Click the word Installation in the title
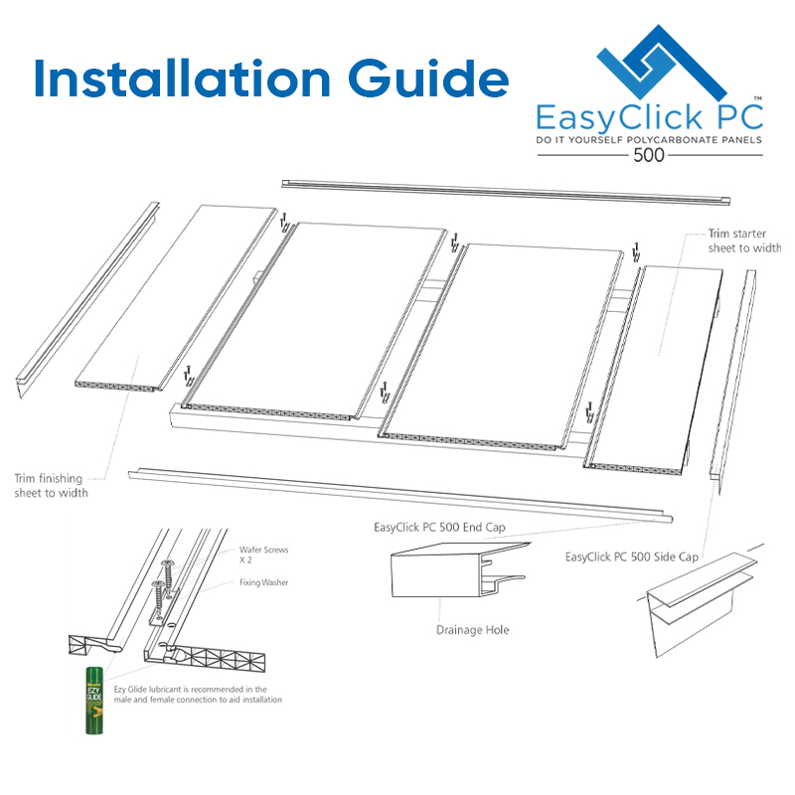pyautogui.click(x=182, y=79)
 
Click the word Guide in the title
pyautogui.click(x=428, y=79)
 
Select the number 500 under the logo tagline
pyautogui.click(x=649, y=155)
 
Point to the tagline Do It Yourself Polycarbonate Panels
pyautogui.click(x=649, y=140)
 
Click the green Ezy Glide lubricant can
pyautogui.click(x=93, y=701)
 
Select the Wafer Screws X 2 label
pyautogui.click(x=263, y=555)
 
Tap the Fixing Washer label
pyautogui.click(x=263, y=582)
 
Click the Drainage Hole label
pyautogui.click(x=473, y=630)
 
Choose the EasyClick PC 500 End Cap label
pyautogui.click(x=439, y=528)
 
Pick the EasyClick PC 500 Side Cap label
pyautogui.click(x=632, y=556)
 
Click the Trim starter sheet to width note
pyautogui.click(x=744, y=240)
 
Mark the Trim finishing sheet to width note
pyautogui.click(x=52, y=486)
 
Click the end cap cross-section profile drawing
pyautogui.click(x=459, y=569)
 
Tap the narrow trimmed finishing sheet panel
pyautogui.click(x=175, y=299)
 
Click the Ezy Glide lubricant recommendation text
pyautogui.click(x=198, y=694)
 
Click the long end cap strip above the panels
pyautogui.click(x=506, y=192)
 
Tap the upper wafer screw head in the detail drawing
pyautogui.click(x=167, y=562)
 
